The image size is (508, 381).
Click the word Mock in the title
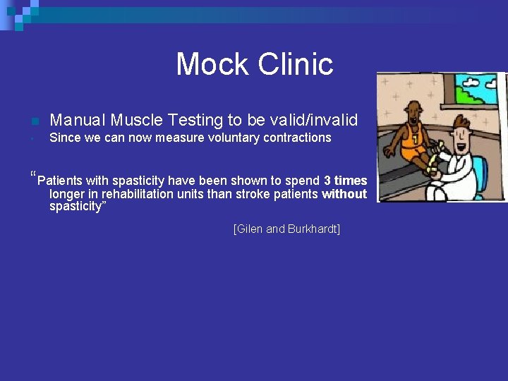click(x=212, y=64)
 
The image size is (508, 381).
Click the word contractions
click(x=297, y=138)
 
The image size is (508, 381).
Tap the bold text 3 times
click(x=345, y=181)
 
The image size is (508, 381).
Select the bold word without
click(x=344, y=194)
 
